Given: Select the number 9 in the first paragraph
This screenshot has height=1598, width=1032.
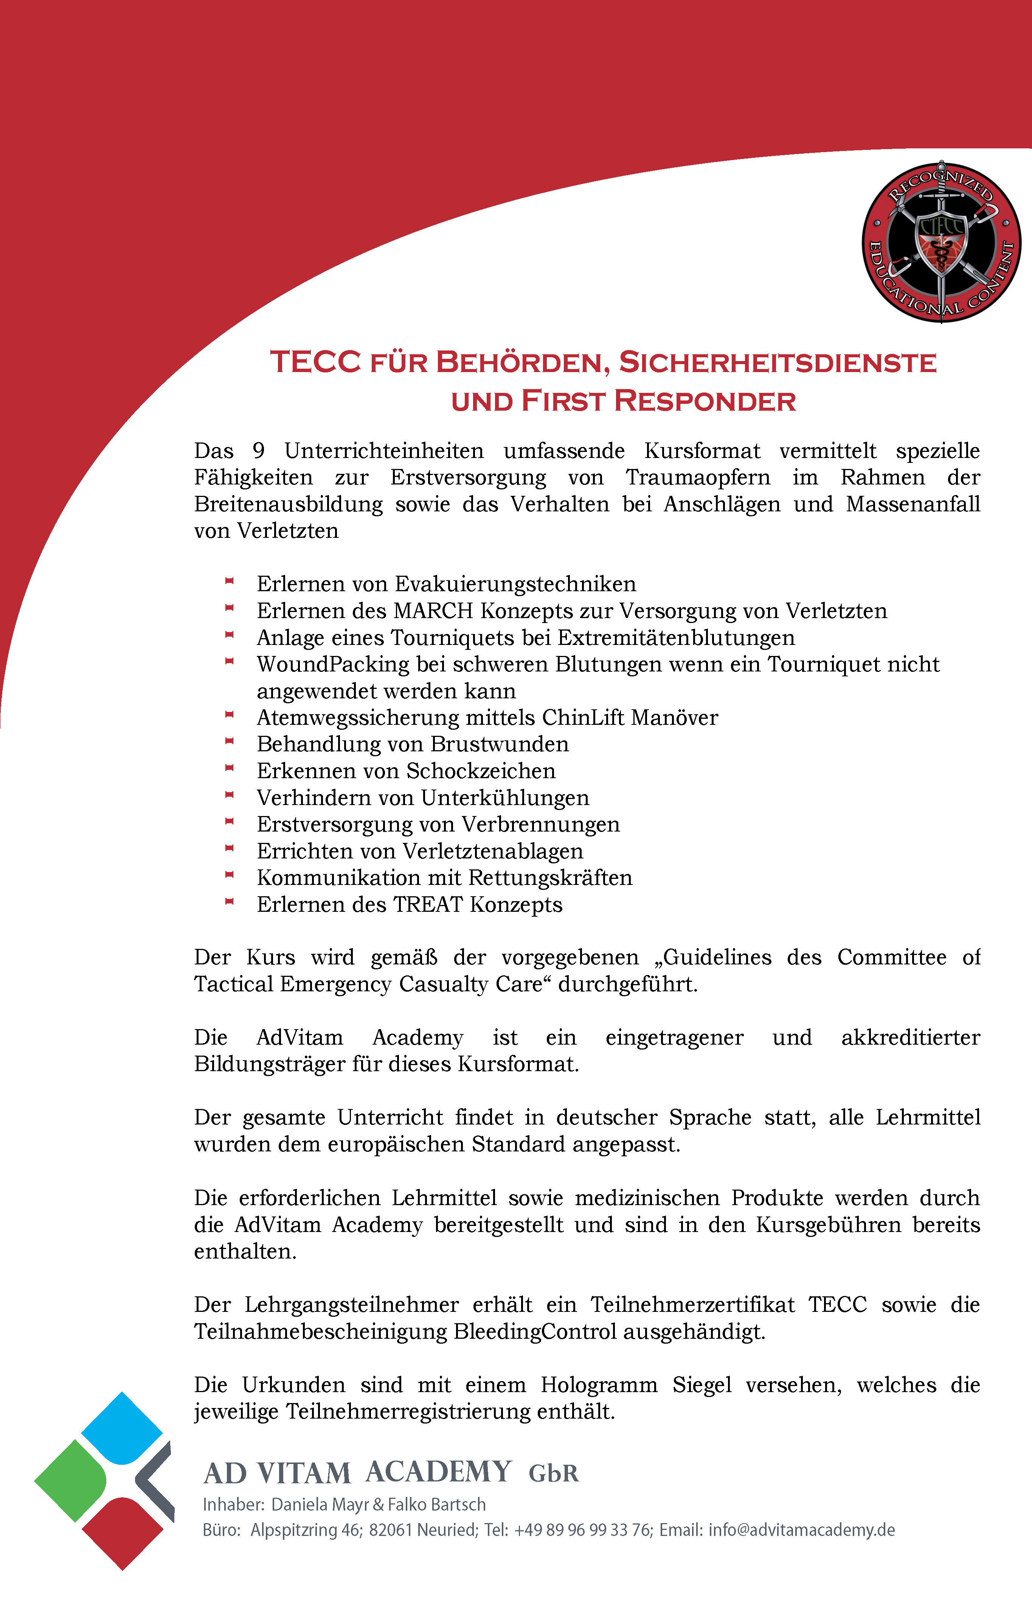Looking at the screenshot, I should (259, 451).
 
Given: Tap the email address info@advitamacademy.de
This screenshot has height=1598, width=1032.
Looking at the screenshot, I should (801, 1530).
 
